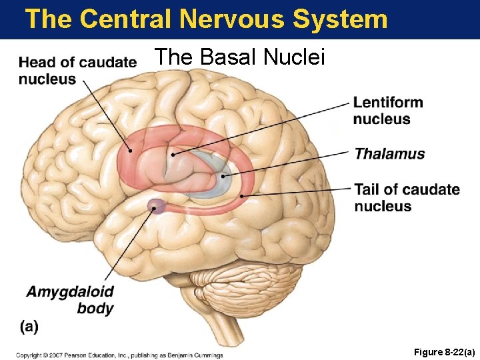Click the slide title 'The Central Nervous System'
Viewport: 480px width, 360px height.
tap(206, 19)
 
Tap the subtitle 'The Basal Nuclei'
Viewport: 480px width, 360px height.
tap(239, 57)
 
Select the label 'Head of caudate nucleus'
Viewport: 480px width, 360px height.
tap(77, 71)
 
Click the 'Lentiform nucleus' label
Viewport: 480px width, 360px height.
tap(387, 111)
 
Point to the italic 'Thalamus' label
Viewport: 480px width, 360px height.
tap(389, 154)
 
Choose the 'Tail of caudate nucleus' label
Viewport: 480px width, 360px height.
tap(407, 197)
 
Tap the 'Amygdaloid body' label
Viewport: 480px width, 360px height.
tap(70, 299)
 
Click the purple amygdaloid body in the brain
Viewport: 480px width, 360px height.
tap(157, 206)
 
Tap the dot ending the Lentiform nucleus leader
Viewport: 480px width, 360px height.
tap(173, 154)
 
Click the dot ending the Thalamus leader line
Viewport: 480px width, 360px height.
tap(224, 176)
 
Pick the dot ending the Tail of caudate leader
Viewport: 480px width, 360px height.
tap(241, 195)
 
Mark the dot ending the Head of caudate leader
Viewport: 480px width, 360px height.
tap(131, 151)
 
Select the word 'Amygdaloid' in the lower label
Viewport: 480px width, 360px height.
tap(70, 291)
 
